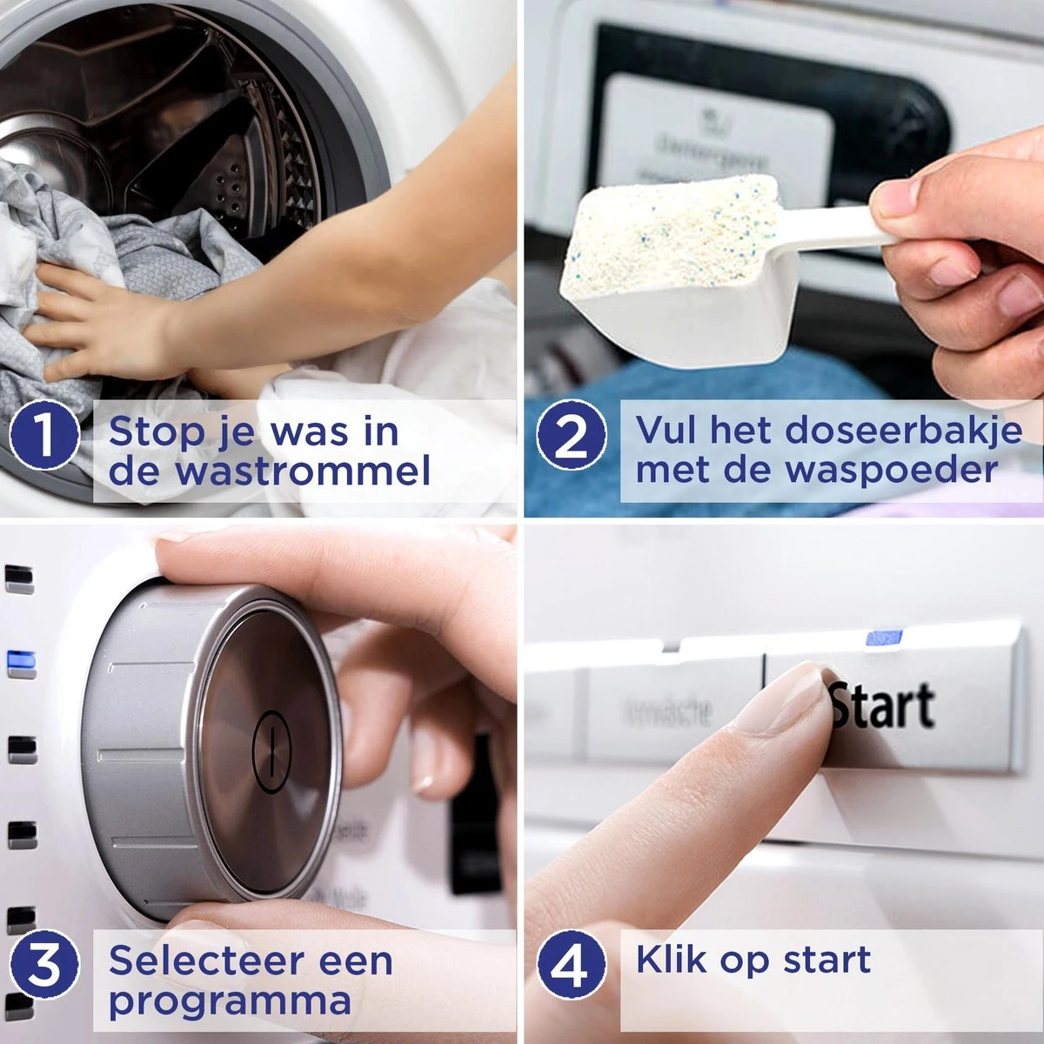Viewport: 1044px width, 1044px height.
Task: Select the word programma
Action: pos(230,1001)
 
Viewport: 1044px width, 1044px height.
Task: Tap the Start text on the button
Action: pos(883,706)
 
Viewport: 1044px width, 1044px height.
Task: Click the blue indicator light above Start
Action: pos(883,638)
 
